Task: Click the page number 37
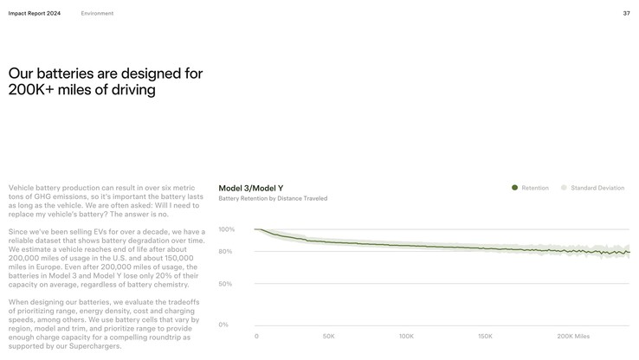pos(626,13)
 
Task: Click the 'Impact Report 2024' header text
pos(35,13)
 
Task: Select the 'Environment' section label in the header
pos(97,13)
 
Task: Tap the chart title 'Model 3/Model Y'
pos(250,188)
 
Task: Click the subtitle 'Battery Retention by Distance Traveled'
pos(273,198)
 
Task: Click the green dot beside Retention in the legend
pos(514,188)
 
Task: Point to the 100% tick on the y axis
pos(226,229)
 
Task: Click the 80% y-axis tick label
pos(225,252)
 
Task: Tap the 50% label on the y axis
pos(225,284)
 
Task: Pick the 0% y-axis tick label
pos(223,325)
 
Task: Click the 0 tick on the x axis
pos(256,336)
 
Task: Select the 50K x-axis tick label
pos(329,336)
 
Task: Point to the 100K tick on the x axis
pos(406,336)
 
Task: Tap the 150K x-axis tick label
pos(485,336)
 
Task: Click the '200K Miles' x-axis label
pos(573,336)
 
